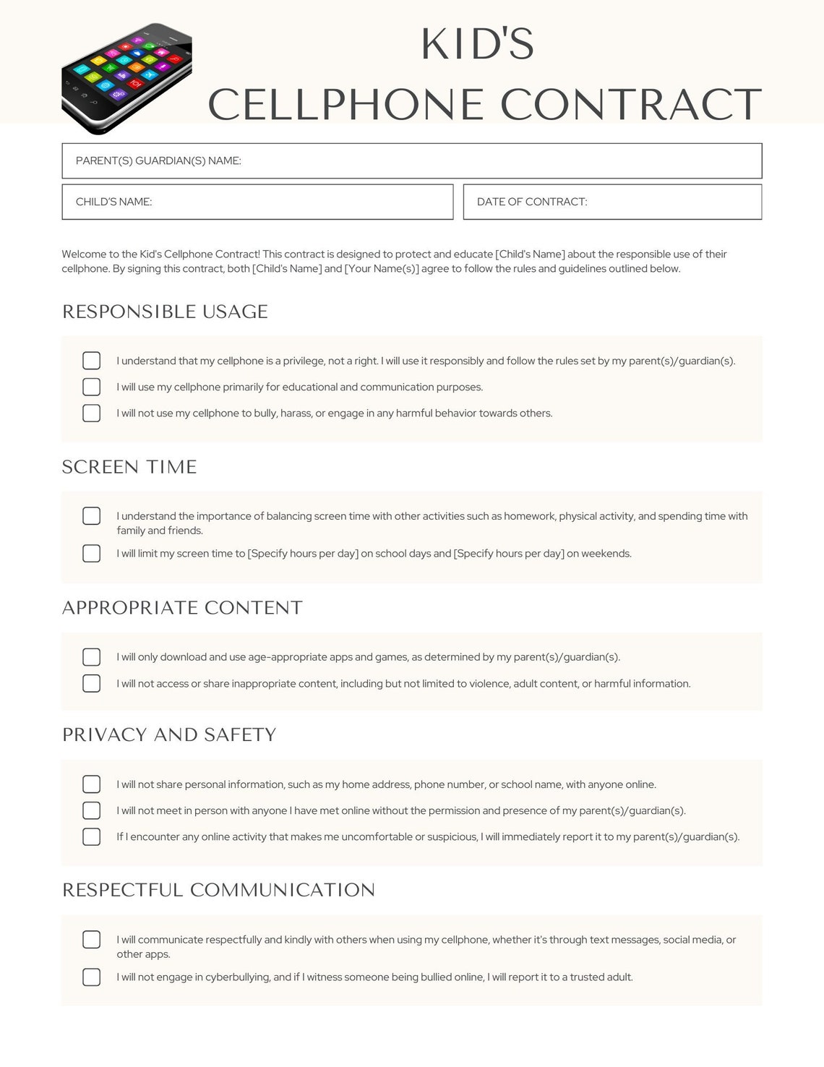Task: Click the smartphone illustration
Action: tap(126, 78)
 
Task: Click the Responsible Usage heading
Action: tap(165, 312)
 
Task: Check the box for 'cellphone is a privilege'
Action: tap(92, 361)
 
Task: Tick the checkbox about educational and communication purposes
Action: tap(92, 387)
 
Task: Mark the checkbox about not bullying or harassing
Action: tap(92, 413)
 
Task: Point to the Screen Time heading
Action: tap(129, 467)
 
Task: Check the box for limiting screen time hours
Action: tap(92, 553)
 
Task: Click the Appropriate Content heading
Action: tap(182, 608)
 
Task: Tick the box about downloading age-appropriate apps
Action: tap(92, 657)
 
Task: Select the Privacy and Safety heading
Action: tap(169, 735)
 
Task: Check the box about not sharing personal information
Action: tap(92, 784)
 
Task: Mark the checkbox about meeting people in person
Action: tap(92, 810)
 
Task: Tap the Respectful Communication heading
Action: tap(218, 890)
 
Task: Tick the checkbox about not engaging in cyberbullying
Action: tap(92, 977)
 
